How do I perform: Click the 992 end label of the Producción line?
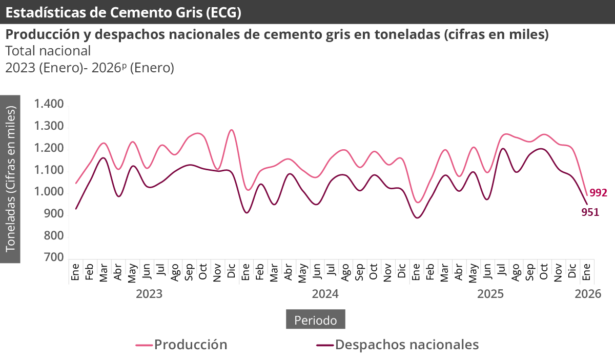click(x=598, y=193)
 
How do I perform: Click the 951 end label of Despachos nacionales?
click(x=590, y=212)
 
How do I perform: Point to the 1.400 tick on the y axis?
click(x=49, y=105)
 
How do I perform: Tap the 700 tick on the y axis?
click(x=54, y=257)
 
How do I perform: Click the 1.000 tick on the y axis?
click(x=49, y=192)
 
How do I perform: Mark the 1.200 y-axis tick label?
click(x=49, y=148)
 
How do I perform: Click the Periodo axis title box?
click(x=315, y=320)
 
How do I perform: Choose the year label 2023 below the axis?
click(x=149, y=294)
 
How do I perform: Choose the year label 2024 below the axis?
click(x=325, y=294)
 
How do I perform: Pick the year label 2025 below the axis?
click(x=490, y=294)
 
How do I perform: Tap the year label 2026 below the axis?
click(x=588, y=294)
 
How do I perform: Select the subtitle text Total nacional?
click(x=48, y=51)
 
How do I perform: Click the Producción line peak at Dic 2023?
click(x=232, y=130)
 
